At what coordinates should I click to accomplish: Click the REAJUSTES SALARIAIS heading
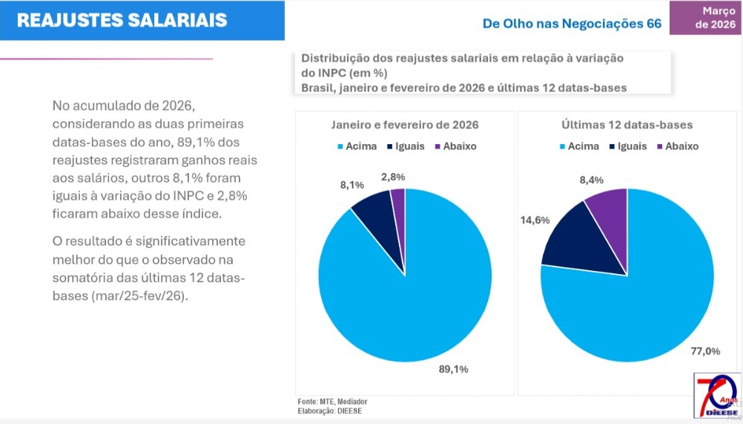pos(122,20)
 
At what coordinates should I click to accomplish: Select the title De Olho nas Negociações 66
pos(571,24)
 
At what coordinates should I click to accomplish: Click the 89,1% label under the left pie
pos(454,368)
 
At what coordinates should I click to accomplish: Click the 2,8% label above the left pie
pos(394,177)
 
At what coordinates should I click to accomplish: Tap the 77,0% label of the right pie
pos(704,351)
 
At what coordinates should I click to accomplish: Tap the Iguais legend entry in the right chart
pos(627,146)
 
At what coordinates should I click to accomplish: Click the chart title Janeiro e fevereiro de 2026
pos(404,125)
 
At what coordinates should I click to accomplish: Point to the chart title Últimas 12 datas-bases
pos(627,125)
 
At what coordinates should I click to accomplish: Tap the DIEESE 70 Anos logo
pos(716,396)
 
